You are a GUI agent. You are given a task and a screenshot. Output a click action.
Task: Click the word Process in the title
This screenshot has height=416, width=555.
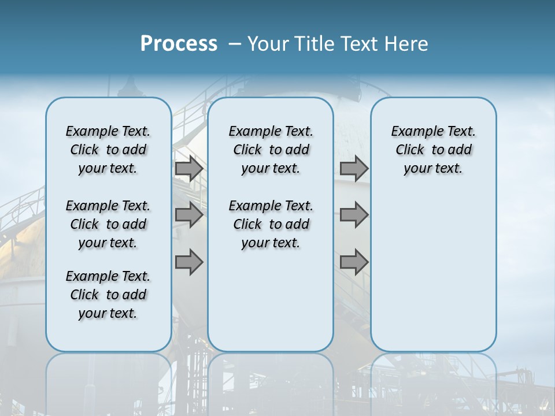tap(179, 44)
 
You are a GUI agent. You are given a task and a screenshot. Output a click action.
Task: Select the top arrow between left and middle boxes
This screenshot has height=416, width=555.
tap(189, 169)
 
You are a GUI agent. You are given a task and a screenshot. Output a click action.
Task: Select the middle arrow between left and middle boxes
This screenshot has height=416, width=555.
tap(189, 215)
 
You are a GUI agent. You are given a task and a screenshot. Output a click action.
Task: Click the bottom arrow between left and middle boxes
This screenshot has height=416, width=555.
tap(189, 262)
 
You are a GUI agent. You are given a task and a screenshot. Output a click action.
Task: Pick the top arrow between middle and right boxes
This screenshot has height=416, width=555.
tap(354, 169)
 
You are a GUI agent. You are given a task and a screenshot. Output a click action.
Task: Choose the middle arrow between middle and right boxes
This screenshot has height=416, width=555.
tap(354, 215)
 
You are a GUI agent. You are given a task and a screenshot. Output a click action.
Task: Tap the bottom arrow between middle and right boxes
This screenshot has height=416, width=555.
tap(354, 262)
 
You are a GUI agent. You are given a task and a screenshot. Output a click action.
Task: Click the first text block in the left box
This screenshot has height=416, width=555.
tap(108, 150)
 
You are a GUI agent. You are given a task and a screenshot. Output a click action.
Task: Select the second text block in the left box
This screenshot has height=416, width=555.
tap(108, 224)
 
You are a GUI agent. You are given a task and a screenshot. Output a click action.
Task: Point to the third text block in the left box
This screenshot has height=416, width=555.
tap(108, 295)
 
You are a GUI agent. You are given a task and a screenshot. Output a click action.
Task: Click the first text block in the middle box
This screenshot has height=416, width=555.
tap(271, 150)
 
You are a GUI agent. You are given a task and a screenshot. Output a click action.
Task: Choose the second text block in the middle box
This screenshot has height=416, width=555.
tap(271, 224)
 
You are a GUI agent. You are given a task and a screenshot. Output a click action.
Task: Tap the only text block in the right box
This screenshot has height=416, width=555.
tap(434, 150)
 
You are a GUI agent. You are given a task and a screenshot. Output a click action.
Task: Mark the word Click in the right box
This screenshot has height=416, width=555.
tap(410, 150)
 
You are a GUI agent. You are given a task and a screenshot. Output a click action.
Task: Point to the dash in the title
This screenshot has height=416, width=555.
tap(235, 44)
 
